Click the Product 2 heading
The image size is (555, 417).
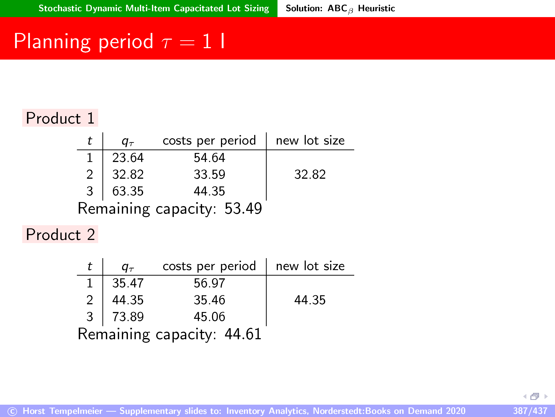[x=60, y=234]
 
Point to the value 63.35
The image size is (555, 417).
[x=128, y=191]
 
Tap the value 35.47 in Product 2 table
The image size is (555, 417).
[x=128, y=283]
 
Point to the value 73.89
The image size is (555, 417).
[x=128, y=317]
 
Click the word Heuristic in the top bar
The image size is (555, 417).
[x=376, y=8]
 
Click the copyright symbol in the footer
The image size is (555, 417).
[x=12, y=411]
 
